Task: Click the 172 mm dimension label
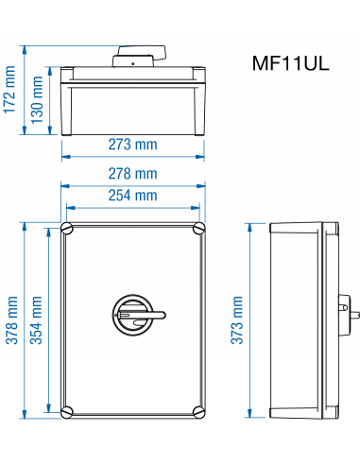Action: coord(10,90)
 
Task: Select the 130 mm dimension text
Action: coord(37,95)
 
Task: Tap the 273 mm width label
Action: coord(132,145)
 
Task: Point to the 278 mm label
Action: coord(132,174)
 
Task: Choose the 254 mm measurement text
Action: coord(132,196)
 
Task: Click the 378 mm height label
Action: coord(12,321)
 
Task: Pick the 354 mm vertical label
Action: coord(37,321)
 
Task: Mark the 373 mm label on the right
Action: coord(236,320)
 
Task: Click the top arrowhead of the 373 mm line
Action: coord(249,228)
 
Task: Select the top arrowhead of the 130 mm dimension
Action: coord(50,71)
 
